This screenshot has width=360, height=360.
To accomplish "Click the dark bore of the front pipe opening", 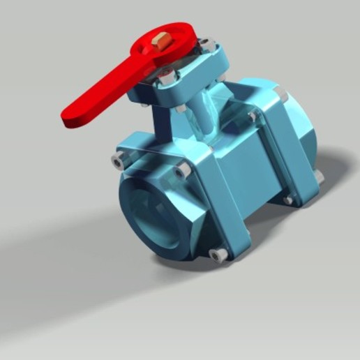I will pyautogui.click(x=151, y=216).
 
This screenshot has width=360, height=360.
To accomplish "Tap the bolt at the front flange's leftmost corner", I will pyautogui.click(x=117, y=162).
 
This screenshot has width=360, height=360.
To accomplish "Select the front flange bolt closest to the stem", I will pyautogui.click(x=182, y=169).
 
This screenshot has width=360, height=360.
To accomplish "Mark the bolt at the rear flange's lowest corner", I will pyautogui.click(x=287, y=201).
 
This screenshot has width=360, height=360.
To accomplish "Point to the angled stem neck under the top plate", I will pyautogui.click(x=202, y=115).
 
